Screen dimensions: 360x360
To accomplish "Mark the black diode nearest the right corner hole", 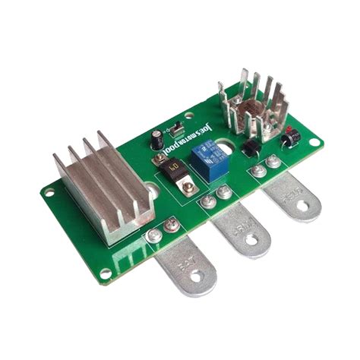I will (x=289, y=141).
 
